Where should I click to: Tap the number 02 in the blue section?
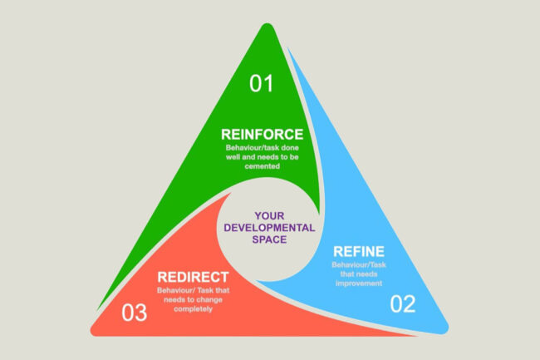(402, 304)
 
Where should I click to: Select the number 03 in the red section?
(134, 313)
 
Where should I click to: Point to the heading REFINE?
(357, 250)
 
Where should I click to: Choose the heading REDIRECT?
(189, 274)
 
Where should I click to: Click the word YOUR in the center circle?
(270, 214)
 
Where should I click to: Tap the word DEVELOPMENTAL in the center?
(270, 226)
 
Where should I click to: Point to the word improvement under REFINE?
(358, 283)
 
